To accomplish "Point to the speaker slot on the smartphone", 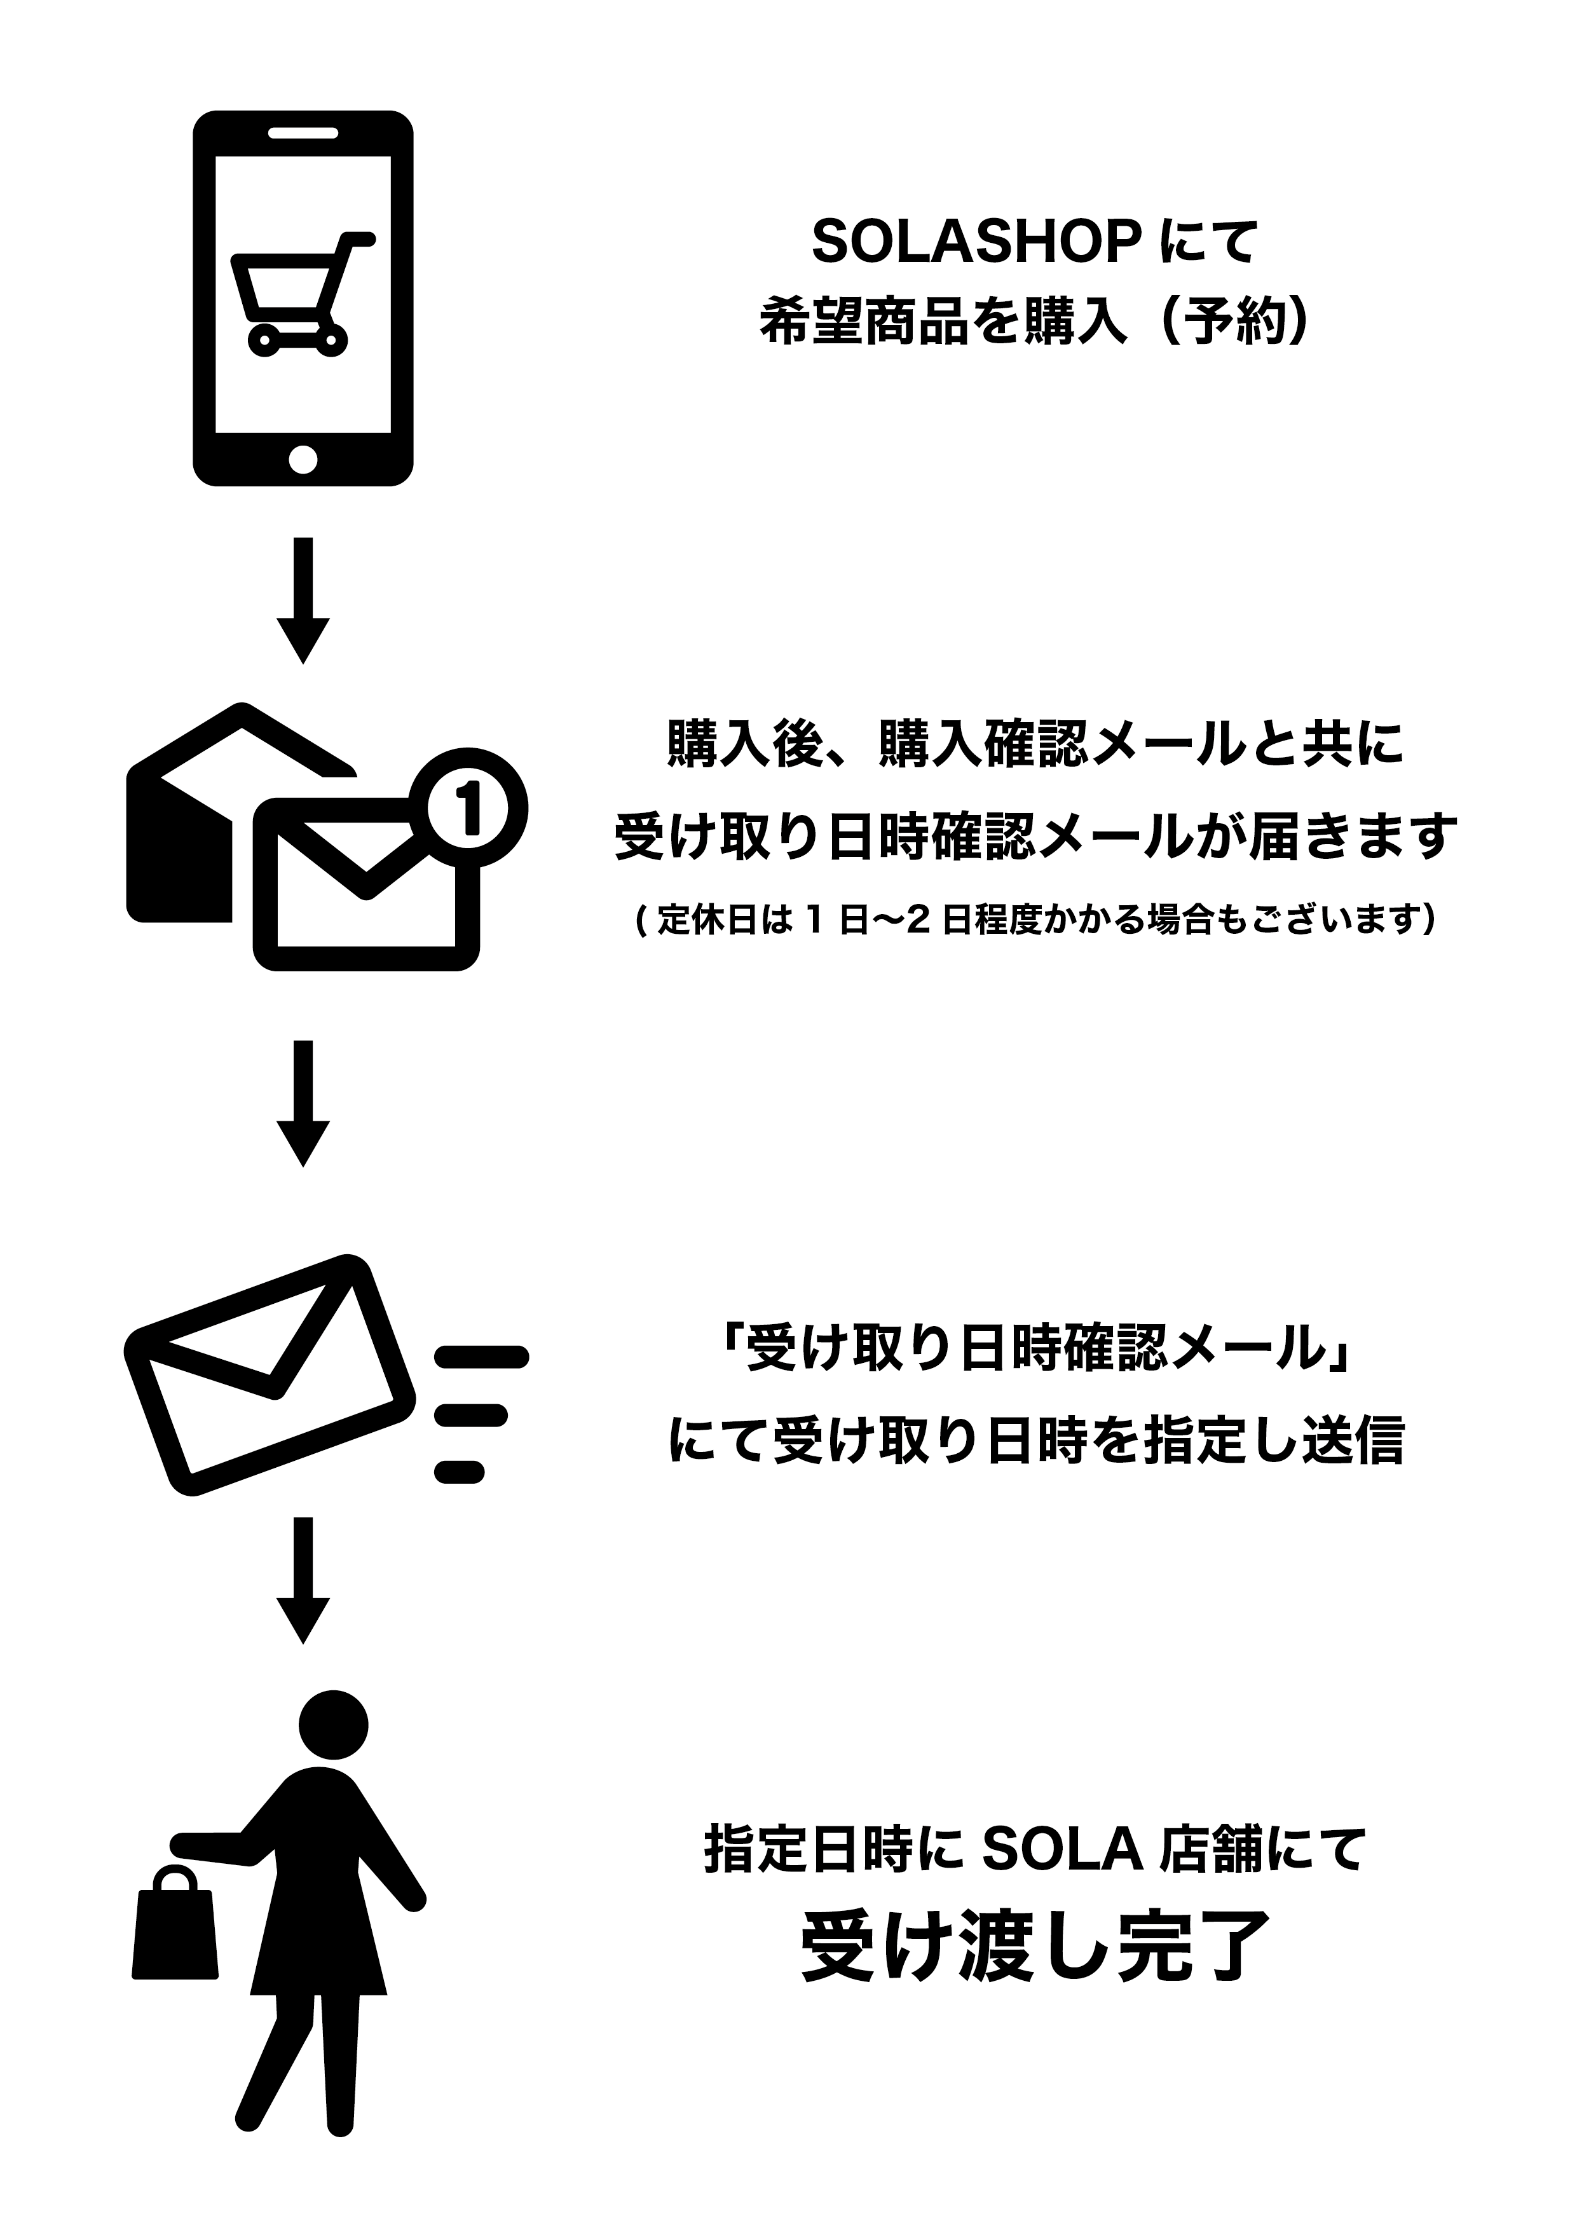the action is (x=303, y=132).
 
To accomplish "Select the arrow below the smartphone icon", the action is (x=304, y=600).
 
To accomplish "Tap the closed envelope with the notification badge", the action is (x=367, y=884).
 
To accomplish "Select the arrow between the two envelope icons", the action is (x=304, y=1104).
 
